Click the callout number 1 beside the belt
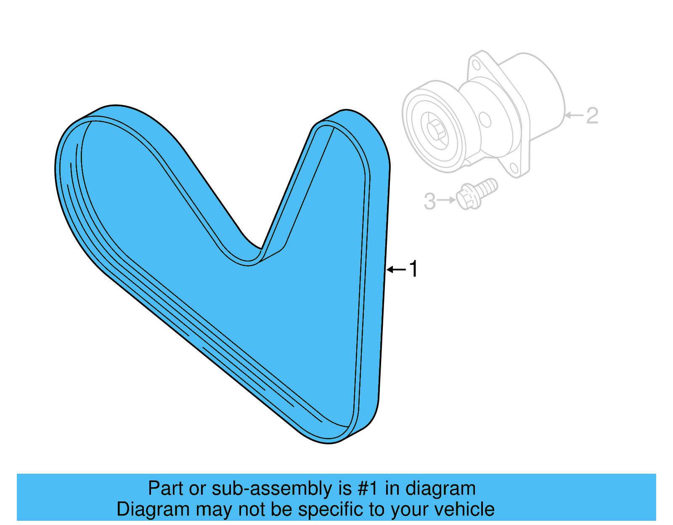[414, 269]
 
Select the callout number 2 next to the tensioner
[592, 116]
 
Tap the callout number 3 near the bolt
[429, 201]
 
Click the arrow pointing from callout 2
[574, 115]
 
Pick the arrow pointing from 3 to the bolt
[446, 200]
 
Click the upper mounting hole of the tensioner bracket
[476, 65]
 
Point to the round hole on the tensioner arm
[485, 119]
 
